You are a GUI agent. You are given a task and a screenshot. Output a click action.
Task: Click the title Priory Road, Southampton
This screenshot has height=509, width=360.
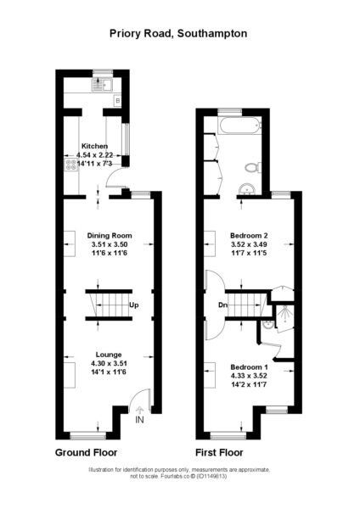(x=178, y=34)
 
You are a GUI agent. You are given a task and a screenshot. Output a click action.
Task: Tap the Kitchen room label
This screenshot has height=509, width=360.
(x=94, y=146)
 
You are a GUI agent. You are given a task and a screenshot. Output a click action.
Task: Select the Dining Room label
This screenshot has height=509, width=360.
(x=110, y=236)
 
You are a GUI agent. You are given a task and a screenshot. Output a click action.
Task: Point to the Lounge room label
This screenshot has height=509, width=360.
(x=109, y=355)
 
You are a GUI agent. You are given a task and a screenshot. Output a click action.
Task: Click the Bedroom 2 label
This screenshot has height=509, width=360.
(x=249, y=236)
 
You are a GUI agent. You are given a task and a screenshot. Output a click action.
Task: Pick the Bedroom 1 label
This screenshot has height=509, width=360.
(x=249, y=367)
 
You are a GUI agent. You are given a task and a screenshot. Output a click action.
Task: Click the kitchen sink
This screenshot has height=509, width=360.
(x=102, y=85)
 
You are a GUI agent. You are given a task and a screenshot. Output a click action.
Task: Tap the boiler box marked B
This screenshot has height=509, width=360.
(x=118, y=101)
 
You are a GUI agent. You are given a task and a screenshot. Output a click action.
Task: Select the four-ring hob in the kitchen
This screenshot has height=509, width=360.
(x=71, y=165)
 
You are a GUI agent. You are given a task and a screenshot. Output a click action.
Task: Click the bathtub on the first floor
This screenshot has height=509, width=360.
(x=240, y=126)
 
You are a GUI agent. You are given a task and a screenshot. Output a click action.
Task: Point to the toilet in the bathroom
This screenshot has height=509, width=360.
(x=252, y=167)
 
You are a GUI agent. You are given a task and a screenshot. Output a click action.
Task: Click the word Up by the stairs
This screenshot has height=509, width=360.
(x=134, y=305)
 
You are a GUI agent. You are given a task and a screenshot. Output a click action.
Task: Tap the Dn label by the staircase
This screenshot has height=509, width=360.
(x=222, y=305)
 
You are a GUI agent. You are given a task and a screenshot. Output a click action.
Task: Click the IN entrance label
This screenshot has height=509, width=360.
(x=139, y=420)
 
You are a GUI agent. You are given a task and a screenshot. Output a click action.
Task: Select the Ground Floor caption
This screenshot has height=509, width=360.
(x=86, y=452)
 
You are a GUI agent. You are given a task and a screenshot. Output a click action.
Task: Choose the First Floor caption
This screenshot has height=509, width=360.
(x=219, y=452)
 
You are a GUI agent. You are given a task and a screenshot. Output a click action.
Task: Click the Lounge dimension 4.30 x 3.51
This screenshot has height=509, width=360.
(x=109, y=364)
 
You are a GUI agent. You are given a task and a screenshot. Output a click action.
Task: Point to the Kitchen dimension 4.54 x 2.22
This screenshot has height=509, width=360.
(x=94, y=155)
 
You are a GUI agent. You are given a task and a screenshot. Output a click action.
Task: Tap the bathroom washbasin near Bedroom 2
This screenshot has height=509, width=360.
(x=249, y=189)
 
